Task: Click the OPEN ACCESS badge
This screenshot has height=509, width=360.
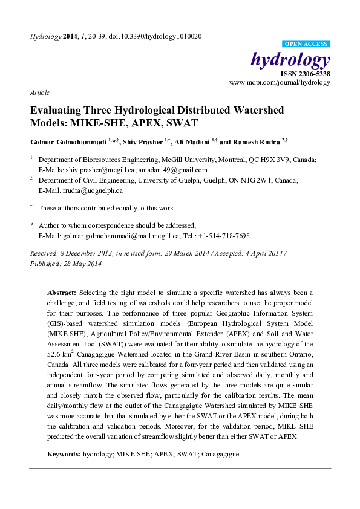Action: pos(306,44)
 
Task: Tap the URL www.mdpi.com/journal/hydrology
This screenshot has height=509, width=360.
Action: pos(280,82)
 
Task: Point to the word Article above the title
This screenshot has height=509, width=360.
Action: pos(39,93)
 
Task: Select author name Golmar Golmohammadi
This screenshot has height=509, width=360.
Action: pos(70,143)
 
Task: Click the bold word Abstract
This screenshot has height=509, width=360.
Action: pos(62,291)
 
